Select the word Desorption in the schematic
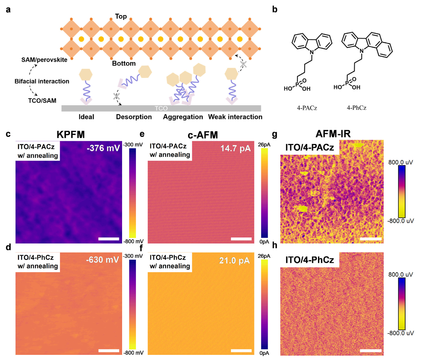134,117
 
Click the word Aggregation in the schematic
181,117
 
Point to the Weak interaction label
235,117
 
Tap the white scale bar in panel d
109,350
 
